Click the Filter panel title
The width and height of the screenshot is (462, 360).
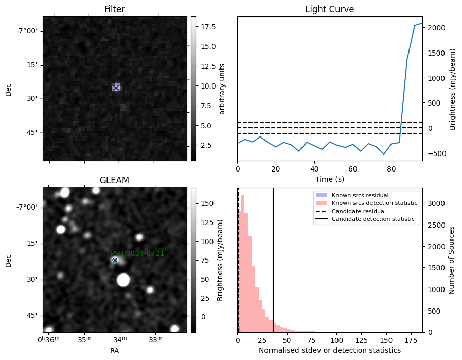115,9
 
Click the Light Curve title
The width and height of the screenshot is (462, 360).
329,9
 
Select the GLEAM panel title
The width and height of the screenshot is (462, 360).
114,180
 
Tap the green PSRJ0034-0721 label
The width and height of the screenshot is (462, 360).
137,253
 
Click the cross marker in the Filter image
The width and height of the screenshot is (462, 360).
116,88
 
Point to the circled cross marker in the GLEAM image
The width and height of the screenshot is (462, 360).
115,260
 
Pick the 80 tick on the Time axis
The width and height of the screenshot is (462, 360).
392,169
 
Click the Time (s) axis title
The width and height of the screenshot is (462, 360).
330,179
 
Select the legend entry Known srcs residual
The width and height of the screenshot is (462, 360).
360,195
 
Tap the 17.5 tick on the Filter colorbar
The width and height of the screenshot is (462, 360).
208,27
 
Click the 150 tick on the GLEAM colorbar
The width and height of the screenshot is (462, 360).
207,204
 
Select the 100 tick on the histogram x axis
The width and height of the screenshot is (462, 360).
336,340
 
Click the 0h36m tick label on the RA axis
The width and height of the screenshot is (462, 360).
48,339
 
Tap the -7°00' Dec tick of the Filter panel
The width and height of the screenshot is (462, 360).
27,31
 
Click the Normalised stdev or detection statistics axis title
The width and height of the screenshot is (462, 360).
330,350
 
